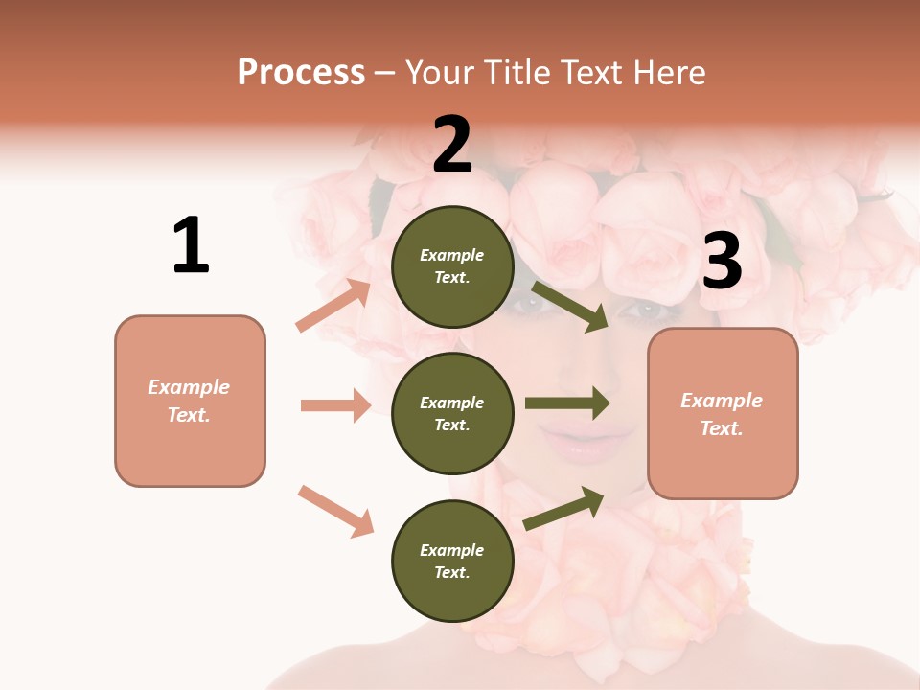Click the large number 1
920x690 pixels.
191,245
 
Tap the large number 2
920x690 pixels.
452,145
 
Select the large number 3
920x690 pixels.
722,261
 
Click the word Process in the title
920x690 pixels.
301,72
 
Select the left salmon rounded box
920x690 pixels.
190,401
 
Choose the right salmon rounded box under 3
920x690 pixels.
723,413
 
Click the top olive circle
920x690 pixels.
452,266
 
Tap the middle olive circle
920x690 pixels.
452,413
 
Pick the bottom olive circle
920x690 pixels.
452,561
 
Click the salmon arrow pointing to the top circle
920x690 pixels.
334,305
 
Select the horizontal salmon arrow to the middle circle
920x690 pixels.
335,405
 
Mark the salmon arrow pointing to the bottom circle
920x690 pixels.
336,511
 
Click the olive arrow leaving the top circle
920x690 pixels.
570,306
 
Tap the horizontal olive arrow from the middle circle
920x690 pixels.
567,402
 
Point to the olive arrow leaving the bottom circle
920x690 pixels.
564,508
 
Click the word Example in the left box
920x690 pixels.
189,387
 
